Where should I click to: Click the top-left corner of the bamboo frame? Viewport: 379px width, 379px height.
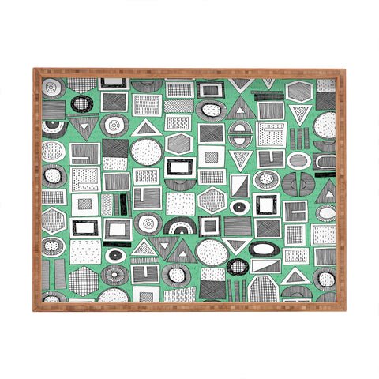[x=34, y=69]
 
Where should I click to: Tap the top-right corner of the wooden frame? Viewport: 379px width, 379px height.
[x=344, y=69]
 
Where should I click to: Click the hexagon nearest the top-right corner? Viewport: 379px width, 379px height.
[x=300, y=92]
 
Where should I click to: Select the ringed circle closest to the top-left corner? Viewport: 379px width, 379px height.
[x=52, y=84]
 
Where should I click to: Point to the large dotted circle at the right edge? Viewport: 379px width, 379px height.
[x=325, y=124]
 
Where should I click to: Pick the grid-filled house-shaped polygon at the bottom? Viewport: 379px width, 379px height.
[x=263, y=289]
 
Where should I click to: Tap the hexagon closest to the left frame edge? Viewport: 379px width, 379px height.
[x=52, y=220]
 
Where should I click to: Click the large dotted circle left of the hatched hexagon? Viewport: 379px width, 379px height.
[x=146, y=151]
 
